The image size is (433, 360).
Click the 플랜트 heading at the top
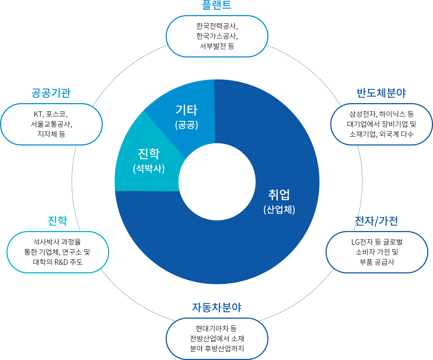pos(217,5)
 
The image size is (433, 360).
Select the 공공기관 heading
pos(51,93)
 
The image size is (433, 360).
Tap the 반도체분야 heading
pos(383,93)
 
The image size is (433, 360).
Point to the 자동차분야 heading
pos(217,308)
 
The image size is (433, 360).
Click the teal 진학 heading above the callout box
pos(57,221)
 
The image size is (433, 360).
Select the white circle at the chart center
pos(217,181)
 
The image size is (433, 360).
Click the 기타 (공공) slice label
pos(186,116)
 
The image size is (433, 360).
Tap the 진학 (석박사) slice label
pos(149,160)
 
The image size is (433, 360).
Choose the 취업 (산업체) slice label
pos(279,201)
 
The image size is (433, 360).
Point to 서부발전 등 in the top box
pos(217,46)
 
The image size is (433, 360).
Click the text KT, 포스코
pos(51,114)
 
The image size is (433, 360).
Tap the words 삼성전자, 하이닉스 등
pos(382,114)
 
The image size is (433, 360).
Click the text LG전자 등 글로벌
pos(377,242)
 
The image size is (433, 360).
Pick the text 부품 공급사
pos(377,262)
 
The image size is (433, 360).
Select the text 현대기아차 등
pos(216,329)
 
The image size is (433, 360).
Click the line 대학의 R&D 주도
pos(58,262)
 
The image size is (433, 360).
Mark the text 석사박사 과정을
pos(57,242)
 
